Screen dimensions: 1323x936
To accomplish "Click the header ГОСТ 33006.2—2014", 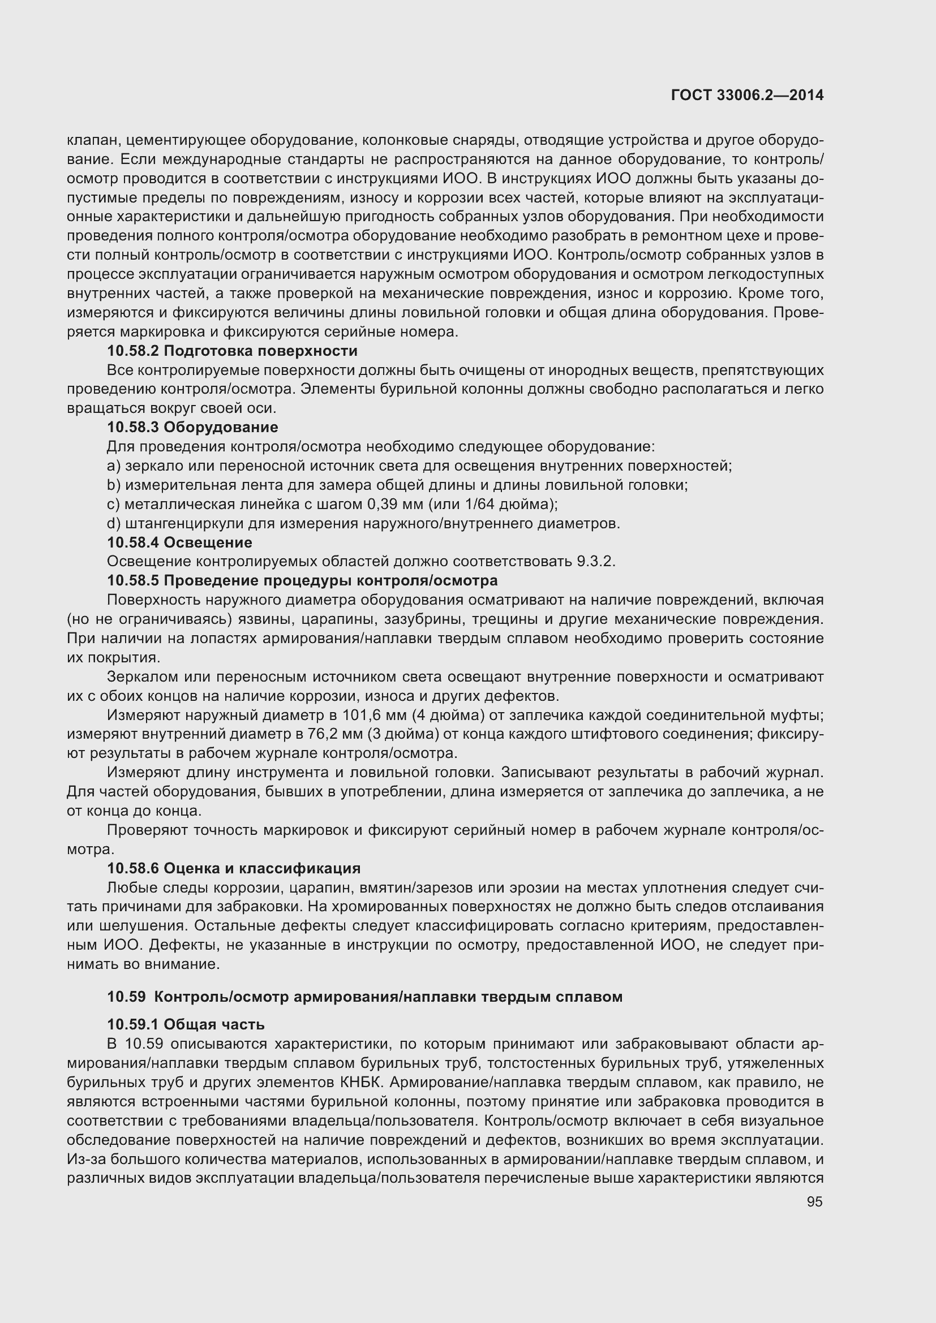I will click(x=747, y=96).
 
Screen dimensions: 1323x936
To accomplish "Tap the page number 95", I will click(x=814, y=1202).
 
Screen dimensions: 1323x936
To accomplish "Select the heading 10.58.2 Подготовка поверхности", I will click(x=232, y=351).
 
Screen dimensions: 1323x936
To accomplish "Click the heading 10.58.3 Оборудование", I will click(x=192, y=428).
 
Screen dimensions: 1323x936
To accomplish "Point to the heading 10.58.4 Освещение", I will click(x=179, y=543).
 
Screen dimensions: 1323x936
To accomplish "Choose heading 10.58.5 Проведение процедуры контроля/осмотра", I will click(x=302, y=580).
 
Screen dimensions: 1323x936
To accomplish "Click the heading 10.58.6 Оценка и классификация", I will click(x=233, y=868).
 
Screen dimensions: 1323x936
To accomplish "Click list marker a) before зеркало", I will click(x=114, y=466).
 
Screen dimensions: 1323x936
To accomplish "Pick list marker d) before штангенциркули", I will click(x=114, y=524).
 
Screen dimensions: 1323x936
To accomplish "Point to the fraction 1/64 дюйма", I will click(x=503, y=505).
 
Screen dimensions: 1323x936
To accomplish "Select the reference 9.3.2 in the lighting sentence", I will click(x=594, y=562).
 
